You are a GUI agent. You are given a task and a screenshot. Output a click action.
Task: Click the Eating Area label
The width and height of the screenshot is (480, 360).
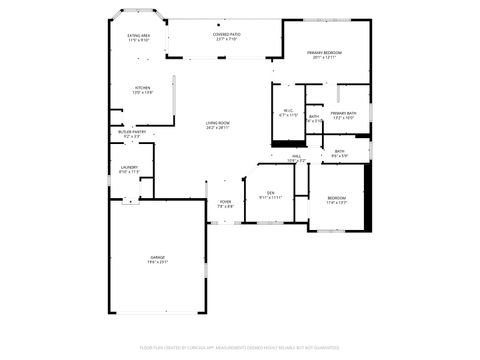tap(138, 36)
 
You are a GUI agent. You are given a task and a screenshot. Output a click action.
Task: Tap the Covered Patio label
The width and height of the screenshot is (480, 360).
tap(225, 34)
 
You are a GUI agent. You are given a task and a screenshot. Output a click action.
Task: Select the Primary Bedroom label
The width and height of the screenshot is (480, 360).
tap(325, 52)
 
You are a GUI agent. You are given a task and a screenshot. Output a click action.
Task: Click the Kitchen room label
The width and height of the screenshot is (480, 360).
tap(142, 88)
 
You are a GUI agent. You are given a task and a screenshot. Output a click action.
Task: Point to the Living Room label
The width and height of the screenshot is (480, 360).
tap(218, 123)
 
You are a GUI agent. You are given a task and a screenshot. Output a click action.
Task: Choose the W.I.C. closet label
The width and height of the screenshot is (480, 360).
tap(288, 111)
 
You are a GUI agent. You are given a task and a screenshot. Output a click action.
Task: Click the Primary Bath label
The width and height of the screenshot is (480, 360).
tap(344, 113)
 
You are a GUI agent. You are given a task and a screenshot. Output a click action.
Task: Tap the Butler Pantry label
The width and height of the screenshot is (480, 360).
tap(132, 131)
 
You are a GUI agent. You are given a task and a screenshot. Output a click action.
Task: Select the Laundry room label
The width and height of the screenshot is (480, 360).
tap(129, 167)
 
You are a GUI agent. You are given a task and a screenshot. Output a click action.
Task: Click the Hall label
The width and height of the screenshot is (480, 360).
tap(297, 156)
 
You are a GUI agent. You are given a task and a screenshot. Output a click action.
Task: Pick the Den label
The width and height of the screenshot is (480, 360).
tap(270, 192)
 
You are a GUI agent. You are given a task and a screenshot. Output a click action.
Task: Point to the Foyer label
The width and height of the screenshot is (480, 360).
tap(225, 202)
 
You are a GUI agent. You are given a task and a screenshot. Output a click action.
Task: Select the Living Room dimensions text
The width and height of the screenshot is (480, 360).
tap(218, 128)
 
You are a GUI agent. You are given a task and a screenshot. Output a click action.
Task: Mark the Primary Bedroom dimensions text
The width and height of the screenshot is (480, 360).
tap(325, 57)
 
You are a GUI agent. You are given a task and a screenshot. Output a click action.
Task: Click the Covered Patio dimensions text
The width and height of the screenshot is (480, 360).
tap(225, 39)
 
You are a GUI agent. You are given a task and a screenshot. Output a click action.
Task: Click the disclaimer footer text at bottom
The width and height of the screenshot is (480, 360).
tap(240, 347)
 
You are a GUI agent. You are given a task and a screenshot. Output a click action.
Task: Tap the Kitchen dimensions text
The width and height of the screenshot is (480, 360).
tap(142, 93)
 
